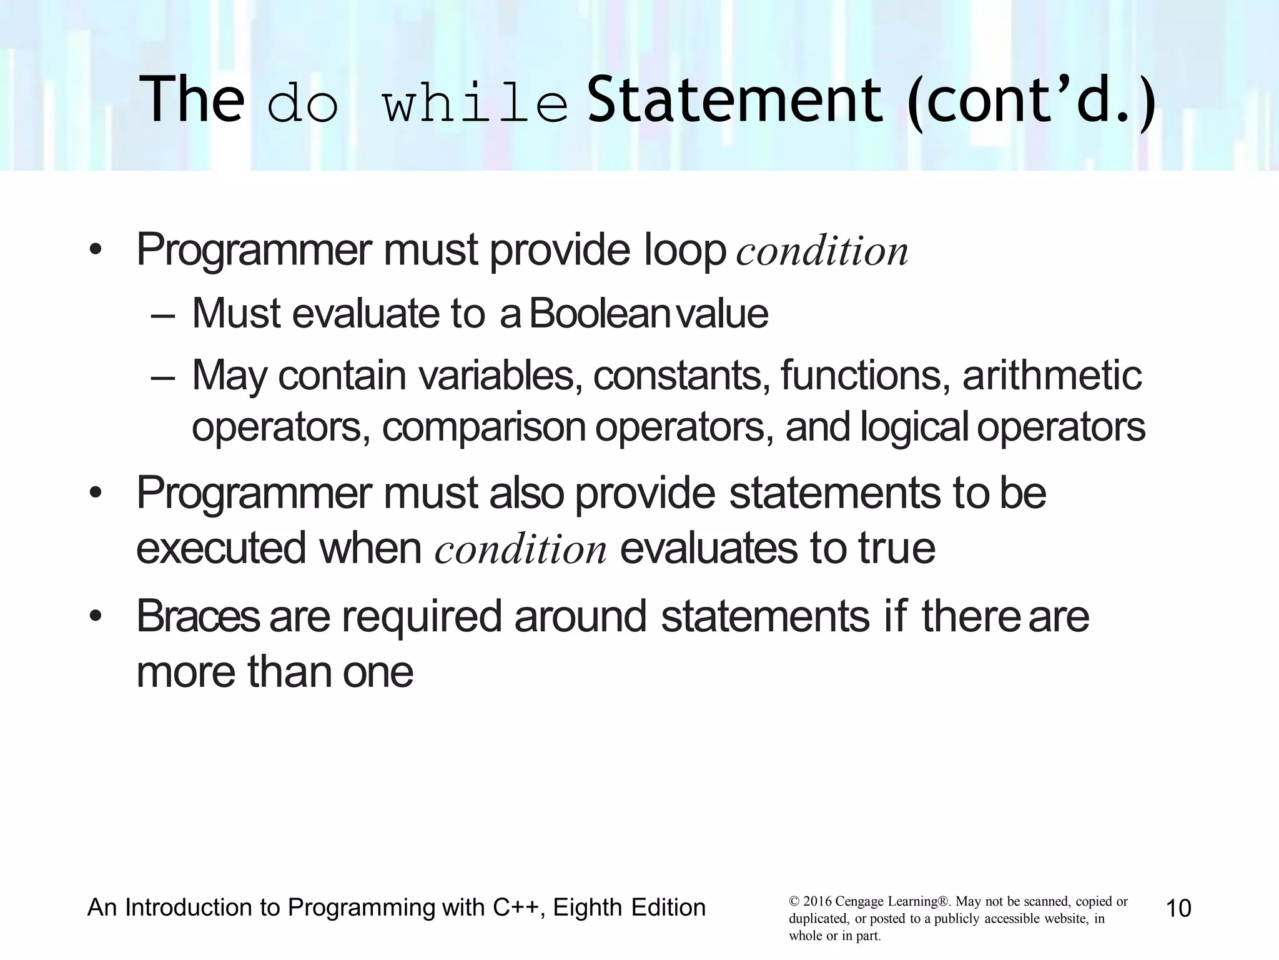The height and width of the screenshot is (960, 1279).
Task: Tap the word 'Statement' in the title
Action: (x=735, y=100)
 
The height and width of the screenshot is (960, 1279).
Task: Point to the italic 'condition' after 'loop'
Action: (x=822, y=252)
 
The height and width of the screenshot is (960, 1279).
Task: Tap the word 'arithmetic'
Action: (x=1052, y=375)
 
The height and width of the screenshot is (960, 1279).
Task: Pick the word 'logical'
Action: (x=914, y=427)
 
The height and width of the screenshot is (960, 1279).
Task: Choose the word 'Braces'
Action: (x=197, y=616)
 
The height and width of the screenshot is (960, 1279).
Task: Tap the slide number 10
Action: (x=1178, y=908)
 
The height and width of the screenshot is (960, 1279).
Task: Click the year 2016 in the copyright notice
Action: (x=817, y=902)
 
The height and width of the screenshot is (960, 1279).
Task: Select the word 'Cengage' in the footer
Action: (x=859, y=902)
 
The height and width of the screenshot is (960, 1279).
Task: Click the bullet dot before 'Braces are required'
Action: (x=95, y=617)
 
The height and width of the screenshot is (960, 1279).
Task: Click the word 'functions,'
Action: (x=861, y=375)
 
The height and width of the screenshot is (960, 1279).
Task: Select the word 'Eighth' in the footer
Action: (x=587, y=907)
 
